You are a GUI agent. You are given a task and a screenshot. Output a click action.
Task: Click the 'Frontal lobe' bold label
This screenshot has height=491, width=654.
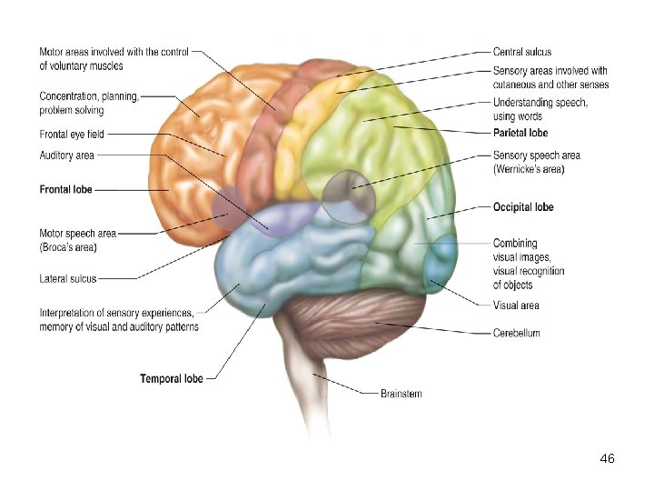pos(65,190)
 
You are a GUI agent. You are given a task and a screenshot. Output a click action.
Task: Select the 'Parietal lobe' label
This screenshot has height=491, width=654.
pos(520,133)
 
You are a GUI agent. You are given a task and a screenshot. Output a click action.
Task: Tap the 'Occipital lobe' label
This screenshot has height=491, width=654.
pos(523,207)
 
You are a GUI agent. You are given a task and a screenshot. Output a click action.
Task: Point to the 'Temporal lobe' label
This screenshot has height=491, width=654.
pos(172,377)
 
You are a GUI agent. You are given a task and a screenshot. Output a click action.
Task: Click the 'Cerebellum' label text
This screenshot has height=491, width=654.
pos(516,333)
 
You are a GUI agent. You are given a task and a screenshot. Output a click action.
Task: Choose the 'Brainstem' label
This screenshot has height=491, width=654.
pos(401,394)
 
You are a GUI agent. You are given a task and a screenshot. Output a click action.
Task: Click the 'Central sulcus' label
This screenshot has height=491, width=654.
pos(521,52)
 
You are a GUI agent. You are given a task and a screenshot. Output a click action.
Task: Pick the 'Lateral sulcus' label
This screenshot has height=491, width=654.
pos(68,279)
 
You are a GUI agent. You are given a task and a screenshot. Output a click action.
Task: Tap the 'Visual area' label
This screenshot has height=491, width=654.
pos(516,306)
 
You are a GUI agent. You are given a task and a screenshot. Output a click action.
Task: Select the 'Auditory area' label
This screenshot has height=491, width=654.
pos(66,155)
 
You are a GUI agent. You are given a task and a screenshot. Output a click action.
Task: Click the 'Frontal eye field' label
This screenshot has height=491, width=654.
pos(72,134)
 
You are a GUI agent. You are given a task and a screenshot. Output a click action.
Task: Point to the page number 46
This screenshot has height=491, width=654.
pos(608,459)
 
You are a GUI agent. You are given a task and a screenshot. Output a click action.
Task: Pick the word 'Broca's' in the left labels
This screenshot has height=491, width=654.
pos(57,246)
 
